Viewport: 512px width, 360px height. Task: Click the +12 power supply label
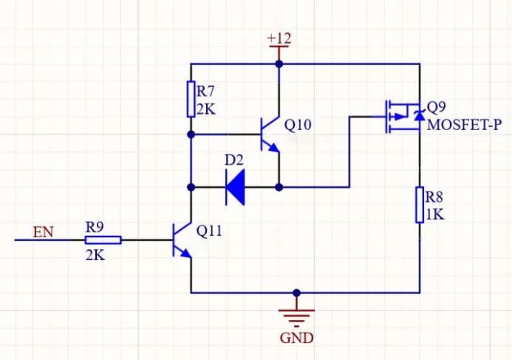click(279, 38)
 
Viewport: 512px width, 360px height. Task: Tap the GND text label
click(296, 338)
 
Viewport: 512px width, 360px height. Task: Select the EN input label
click(43, 232)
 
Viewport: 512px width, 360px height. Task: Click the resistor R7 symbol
click(191, 99)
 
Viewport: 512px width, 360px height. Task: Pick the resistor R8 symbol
click(420, 205)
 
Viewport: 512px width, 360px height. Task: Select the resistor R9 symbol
click(103, 240)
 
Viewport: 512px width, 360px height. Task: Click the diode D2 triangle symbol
click(235, 187)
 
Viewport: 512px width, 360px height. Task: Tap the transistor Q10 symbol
click(270, 135)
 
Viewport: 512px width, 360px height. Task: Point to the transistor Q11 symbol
click(182, 240)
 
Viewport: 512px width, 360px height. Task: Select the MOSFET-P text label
click(464, 125)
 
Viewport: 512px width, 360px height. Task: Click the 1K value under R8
click(435, 214)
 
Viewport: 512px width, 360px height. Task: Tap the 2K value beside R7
click(206, 109)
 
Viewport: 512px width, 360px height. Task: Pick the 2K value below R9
click(95, 255)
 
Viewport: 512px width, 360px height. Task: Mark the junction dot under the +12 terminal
click(279, 64)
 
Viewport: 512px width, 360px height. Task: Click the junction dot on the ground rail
click(296, 293)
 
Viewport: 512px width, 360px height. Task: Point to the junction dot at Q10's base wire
click(191, 135)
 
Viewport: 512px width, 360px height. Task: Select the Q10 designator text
click(298, 124)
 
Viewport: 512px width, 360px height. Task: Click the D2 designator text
click(233, 160)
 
